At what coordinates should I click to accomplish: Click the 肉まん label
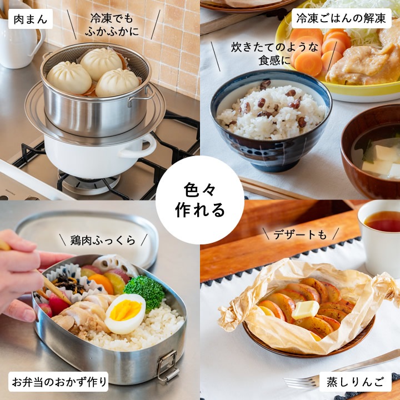coord(31,19)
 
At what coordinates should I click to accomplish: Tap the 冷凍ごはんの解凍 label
coord(341,18)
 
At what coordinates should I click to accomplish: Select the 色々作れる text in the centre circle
coord(200,200)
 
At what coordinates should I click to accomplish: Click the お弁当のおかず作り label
coord(59,382)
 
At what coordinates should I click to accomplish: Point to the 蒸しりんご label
coord(355,382)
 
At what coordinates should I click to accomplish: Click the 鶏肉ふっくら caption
coord(103,241)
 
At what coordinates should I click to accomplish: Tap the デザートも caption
coord(300,234)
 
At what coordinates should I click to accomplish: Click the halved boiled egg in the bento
coord(125,313)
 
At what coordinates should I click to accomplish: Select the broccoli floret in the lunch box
coord(144,292)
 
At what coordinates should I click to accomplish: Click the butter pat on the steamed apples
coord(305,309)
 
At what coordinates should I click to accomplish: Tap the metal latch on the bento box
coord(167,367)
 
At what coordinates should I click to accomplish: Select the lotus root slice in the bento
coord(115,264)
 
